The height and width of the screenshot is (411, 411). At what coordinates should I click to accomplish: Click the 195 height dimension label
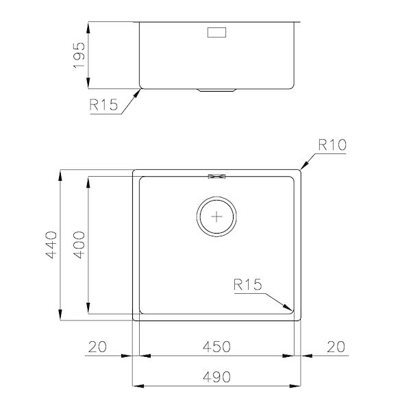(79, 55)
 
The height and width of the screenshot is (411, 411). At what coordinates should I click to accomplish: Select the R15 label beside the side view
(103, 105)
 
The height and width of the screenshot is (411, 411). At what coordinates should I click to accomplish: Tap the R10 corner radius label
(334, 145)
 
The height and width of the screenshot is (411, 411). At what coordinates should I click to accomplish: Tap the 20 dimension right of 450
(335, 347)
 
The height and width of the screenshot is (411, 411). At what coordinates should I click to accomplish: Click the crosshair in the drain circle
(218, 217)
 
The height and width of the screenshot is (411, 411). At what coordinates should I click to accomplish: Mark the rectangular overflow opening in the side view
(218, 32)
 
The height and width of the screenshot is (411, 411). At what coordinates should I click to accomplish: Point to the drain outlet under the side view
(218, 90)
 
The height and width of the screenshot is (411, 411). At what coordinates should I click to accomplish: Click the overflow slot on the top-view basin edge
(218, 177)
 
